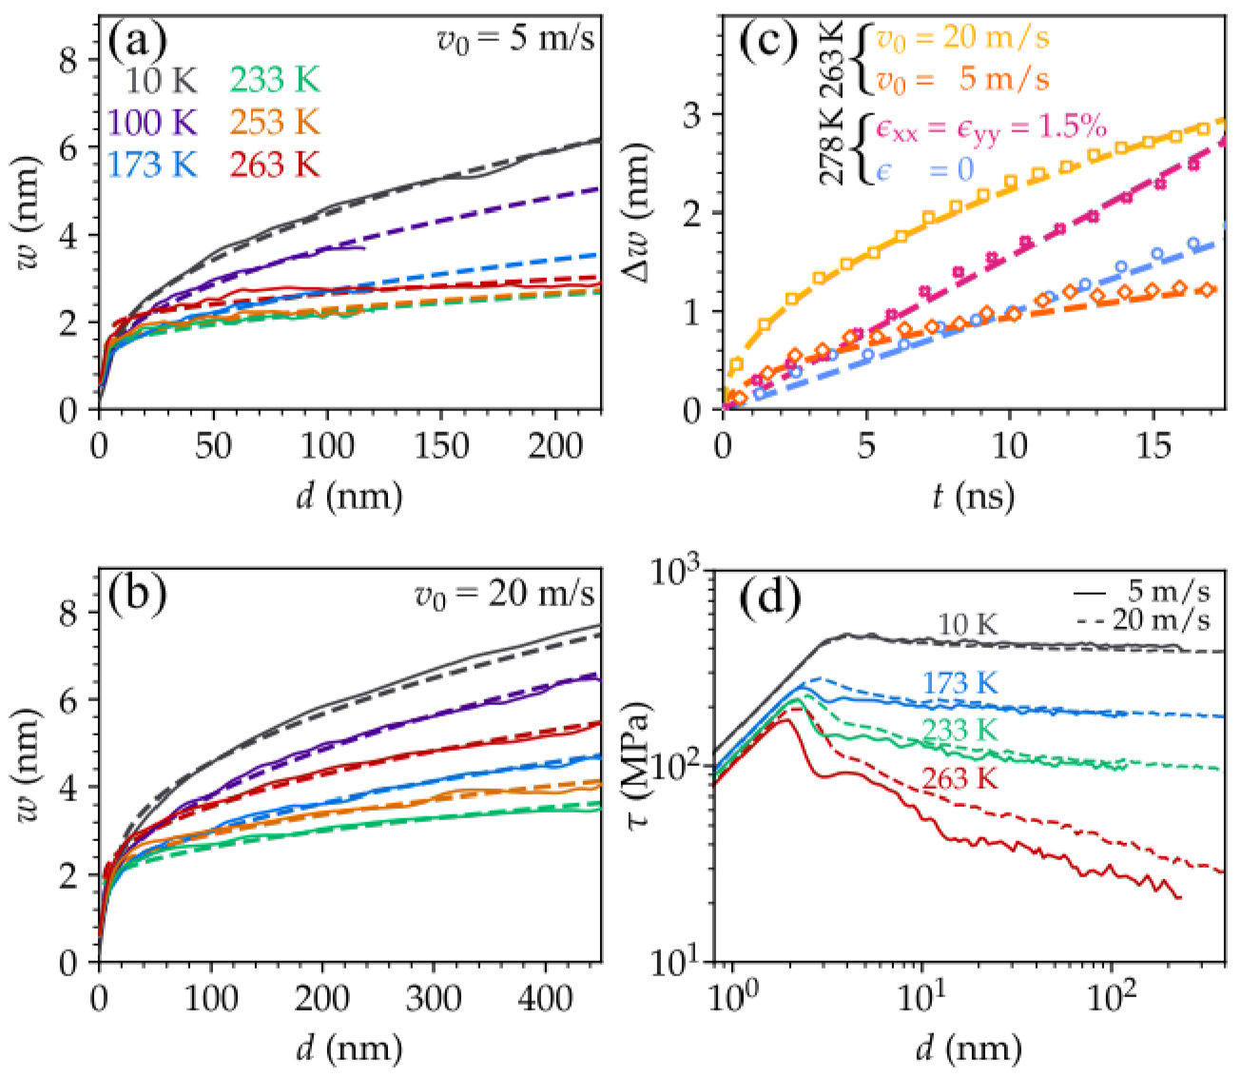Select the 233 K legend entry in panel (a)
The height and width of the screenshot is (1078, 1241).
[x=274, y=81]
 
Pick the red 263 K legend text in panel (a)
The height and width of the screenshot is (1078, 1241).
[x=274, y=165]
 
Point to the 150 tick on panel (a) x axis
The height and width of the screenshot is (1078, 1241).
[x=440, y=445]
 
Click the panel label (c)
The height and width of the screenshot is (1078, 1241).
[x=766, y=43]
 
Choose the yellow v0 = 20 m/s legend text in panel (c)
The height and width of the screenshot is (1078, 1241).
[x=962, y=39]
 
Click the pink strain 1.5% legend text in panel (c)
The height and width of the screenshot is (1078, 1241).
[x=989, y=129]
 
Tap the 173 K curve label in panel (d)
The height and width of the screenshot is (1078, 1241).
[x=959, y=683]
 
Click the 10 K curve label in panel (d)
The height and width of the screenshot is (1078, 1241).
[x=967, y=625]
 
